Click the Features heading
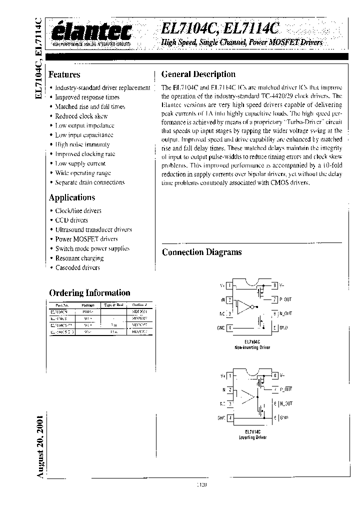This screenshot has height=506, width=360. coord(64,74)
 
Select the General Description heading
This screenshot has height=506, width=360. coord(198,74)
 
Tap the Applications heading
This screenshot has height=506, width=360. coord(71,197)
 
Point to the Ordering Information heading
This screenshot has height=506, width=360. coord(89,293)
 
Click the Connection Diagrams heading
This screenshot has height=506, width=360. coord(201,252)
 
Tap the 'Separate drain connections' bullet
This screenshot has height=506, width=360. coord(89,182)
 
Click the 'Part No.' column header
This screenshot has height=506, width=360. coord(62,304)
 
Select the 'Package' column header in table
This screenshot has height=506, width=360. coord(88,304)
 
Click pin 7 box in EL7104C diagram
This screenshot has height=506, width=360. coord(274,300)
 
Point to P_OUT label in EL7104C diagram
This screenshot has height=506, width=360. coord(285,300)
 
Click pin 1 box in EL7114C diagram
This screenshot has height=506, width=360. coord(229,375)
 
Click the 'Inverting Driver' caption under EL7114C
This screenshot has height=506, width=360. coord(255,437)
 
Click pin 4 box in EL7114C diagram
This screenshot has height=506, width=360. coord(229,417)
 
